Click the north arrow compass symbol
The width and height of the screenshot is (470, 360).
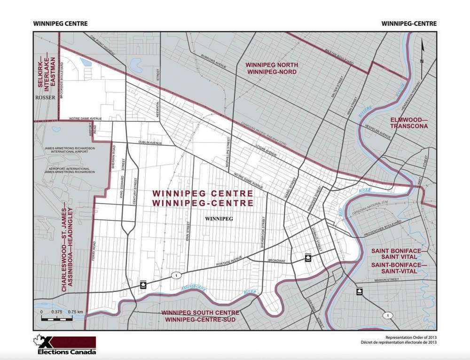pyautogui.click(x=423, y=52)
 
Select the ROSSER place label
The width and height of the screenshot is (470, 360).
pyautogui.click(x=46, y=97)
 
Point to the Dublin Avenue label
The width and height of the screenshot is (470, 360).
pyautogui.click(x=149, y=142)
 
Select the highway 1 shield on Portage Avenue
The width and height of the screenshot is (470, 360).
pyautogui.click(x=175, y=275)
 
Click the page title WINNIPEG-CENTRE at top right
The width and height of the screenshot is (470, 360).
pyautogui.click(x=409, y=23)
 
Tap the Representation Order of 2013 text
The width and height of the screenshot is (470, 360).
pyautogui.click(x=411, y=338)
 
